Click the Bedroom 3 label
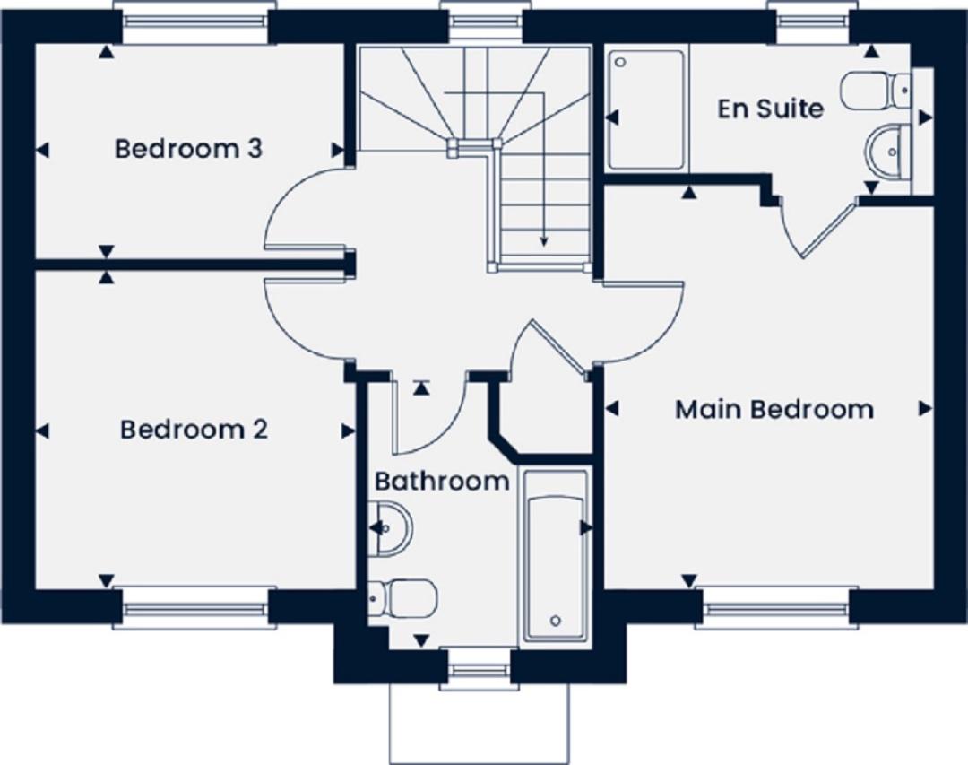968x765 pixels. [x=188, y=149]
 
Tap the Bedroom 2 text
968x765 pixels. [x=194, y=430]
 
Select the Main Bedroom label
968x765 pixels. [x=774, y=409]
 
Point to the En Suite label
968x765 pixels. [x=770, y=109]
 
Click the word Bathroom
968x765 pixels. [x=442, y=481]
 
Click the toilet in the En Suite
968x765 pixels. [x=877, y=91]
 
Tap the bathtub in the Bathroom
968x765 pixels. [x=556, y=556]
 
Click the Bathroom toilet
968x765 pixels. [x=402, y=598]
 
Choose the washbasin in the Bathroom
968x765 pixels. [x=390, y=528]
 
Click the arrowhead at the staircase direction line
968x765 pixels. [x=544, y=241]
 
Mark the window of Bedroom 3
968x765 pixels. [x=195, y=22]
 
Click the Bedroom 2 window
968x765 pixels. [x=195, y=609]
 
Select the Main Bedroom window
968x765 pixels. [x=775, y=609]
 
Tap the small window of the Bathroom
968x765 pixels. [x=479, y=669]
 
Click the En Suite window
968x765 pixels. [x=812, y=22]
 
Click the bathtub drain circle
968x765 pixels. [x=555, y=620]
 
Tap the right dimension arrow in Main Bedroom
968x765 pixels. [x=925, y=408]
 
